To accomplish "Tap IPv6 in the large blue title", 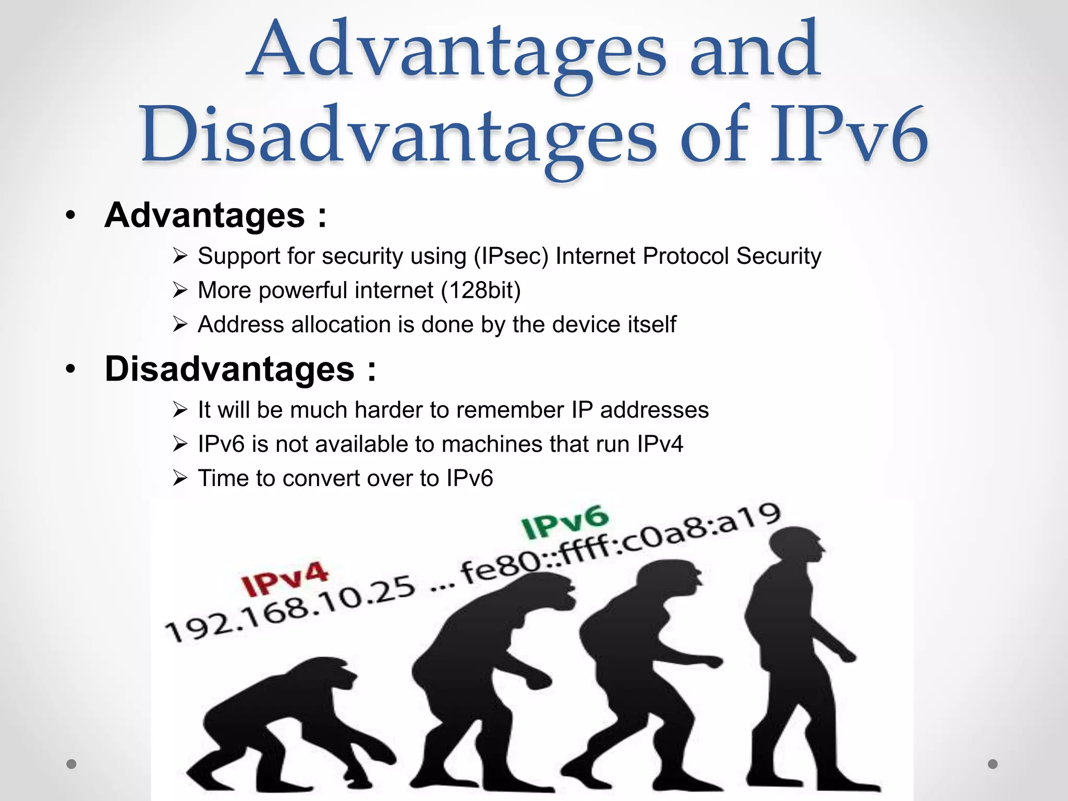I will (x=849, y=137).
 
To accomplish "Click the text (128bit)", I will (x=481, y=290).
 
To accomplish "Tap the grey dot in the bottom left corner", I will (x=71, y=764).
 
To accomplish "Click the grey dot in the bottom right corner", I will (x=993, y=764).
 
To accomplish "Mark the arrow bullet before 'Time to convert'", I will (x=180, y=478).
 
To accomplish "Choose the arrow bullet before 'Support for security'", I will (x=180, y=257).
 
